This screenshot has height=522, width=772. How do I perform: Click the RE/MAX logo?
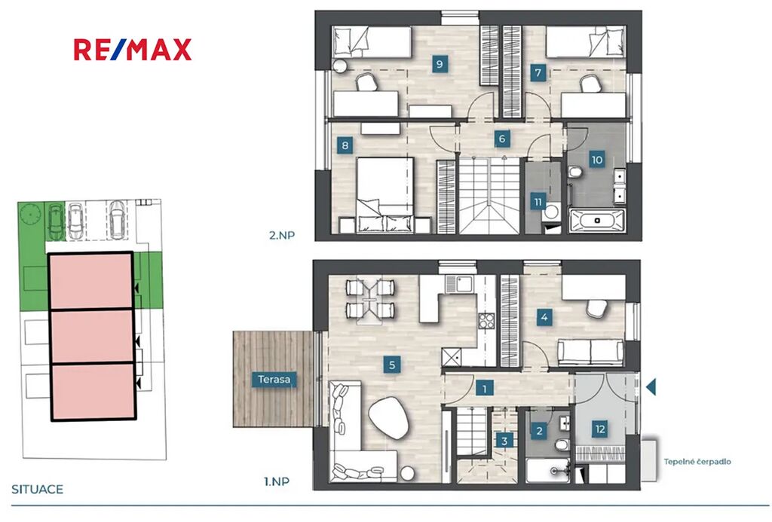(133, 50)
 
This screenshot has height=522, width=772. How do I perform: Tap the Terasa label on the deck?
(274, 380)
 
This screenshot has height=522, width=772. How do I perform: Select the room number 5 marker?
(392, 365)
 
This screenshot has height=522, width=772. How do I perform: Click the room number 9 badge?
(440, 64)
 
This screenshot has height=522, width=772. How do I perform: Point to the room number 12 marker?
(599, 429)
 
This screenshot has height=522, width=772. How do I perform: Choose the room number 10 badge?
(597, 160)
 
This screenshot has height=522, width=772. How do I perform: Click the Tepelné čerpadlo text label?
(697, 462)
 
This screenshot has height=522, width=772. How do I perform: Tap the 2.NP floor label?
(282, 235)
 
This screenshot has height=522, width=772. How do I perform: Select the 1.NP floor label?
(277, 481)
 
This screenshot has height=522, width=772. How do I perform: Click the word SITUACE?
(38, 489)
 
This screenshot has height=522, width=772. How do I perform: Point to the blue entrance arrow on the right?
(651, 386)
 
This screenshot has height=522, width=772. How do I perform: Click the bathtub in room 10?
(597, 220)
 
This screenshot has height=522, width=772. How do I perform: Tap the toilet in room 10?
(574, 172)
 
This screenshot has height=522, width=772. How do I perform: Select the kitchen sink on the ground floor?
(459, 283)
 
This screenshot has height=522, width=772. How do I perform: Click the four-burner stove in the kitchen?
(486, 322)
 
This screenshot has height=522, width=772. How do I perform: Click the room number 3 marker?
(504, 441)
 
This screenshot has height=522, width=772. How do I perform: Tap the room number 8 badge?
(345, 145)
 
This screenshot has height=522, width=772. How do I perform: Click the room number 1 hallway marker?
(485, 389)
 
